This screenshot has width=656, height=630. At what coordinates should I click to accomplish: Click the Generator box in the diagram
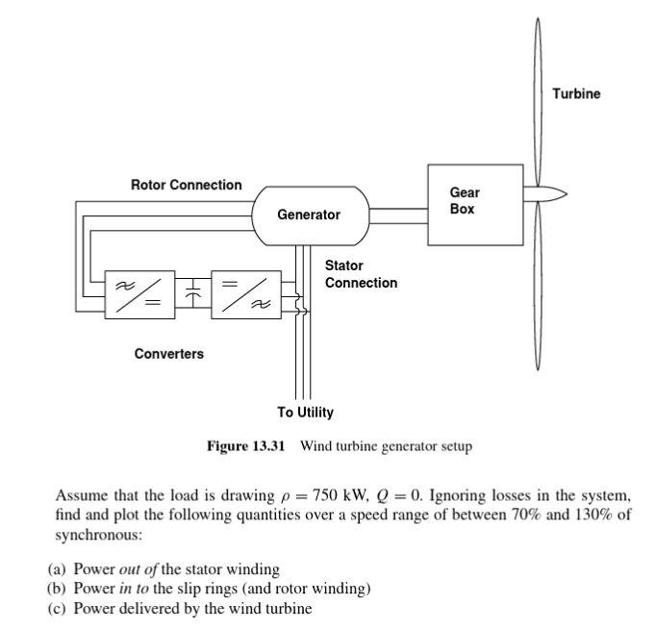pos(309,214)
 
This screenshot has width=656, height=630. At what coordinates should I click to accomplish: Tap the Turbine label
pos(576,93)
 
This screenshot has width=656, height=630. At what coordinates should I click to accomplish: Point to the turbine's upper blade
pos(539,96)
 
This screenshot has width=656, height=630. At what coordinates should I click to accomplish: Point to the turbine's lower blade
pos(539,289)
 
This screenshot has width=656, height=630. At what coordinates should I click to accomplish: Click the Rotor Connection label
pos(187,185)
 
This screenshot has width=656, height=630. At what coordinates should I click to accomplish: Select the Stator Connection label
pos(360,274)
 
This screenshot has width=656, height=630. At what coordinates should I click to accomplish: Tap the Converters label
pos(169,354)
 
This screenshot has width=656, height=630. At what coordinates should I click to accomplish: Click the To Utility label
pos(306,413)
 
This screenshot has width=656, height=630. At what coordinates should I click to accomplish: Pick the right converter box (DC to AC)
pos(245,292)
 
